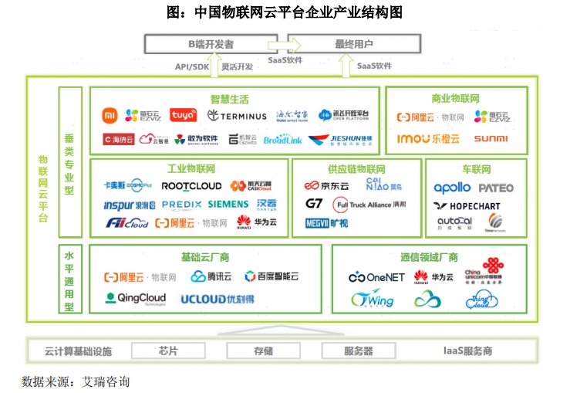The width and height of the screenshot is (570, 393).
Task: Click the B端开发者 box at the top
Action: (211, 44)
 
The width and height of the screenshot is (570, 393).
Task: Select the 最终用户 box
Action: (354, 44)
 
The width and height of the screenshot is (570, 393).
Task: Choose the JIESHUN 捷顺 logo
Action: (339, 140)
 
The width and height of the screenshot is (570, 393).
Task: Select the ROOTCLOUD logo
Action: (191, 186)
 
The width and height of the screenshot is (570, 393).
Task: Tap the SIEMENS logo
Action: (228, 205)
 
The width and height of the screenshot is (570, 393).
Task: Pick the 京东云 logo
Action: (327, 186)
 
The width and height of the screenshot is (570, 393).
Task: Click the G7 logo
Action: (313, 204)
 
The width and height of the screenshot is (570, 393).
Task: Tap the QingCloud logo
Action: (136, 298)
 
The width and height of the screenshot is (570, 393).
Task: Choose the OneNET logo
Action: (376, 276)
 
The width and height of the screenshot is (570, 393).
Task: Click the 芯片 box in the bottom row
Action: (168, 351)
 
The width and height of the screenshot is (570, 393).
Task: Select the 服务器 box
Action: (358, 351)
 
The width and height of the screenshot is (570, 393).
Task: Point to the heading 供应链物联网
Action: (356, 169)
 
